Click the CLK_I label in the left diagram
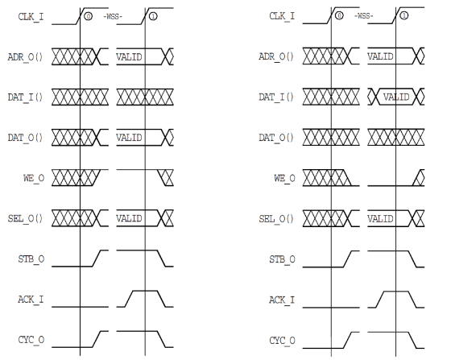(x=31, y=17)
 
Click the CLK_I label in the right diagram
(x=282, y=16)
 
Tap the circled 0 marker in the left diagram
(x=88, y=16)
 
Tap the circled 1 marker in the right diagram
(x=404, y=15)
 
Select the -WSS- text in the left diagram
(x=113, y=17)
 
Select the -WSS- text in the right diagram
(x=364, y=16)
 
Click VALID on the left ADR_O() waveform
(x=129, y=57)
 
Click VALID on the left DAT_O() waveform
(x=129, y=138)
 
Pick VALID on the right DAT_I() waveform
(x=396, y=97)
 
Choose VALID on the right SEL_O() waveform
(x=380, y=219)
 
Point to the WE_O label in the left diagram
(x=34, y=178)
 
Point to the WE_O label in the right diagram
(x=285, y=178)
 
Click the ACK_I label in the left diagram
(x=31, y=300)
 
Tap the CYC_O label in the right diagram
(x=282, y=341)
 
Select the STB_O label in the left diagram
(x=31, y=259)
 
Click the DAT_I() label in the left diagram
(x=25, y=97)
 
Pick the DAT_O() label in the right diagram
(x=276, y=138)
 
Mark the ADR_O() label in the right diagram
(x=276, y=56)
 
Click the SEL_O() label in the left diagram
(x=25, y=218)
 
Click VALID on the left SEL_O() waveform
(x=129, y=218)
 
